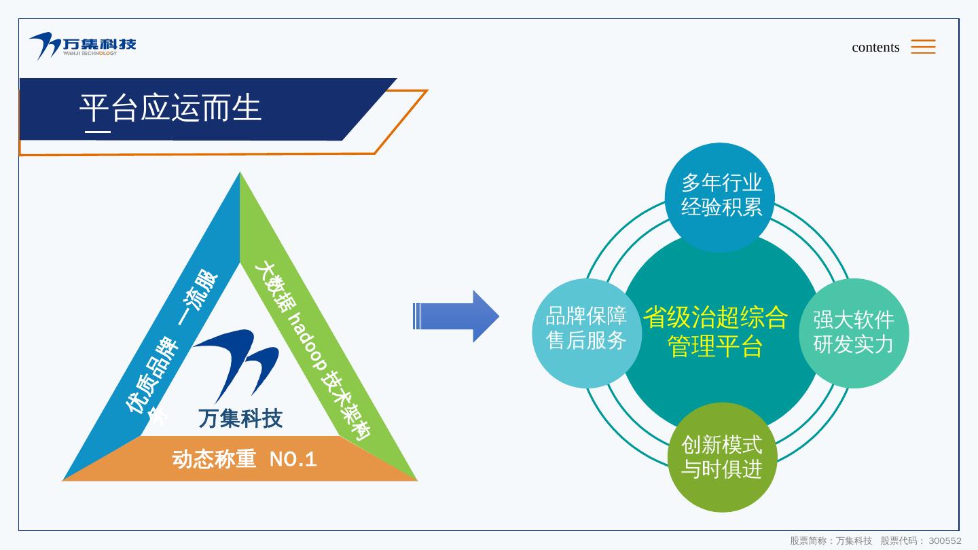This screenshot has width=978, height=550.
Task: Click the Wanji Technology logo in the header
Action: click(82, 45)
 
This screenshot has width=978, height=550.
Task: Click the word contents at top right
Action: click(875, 47)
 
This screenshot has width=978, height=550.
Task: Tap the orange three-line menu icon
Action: click(923, 46)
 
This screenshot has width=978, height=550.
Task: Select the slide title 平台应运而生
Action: click(170, 108)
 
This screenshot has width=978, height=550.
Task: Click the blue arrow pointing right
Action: click(456, 316)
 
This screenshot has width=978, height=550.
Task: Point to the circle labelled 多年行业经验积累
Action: click(721, 195)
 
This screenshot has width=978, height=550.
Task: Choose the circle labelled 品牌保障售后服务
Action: click(586, 329)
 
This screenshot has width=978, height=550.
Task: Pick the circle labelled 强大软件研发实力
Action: click(854, 332)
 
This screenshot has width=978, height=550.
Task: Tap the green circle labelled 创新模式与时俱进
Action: click(721, 457)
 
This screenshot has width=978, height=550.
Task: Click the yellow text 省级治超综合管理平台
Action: click(716, 331)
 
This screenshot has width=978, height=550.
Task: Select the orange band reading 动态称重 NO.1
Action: click(244, 459)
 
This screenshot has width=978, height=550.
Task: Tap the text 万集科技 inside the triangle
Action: click(240, 419)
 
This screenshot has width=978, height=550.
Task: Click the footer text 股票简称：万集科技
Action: click(831, 541)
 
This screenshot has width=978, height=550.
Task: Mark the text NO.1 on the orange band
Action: click(293, 460)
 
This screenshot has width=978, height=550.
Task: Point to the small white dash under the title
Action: click(98, 132)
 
